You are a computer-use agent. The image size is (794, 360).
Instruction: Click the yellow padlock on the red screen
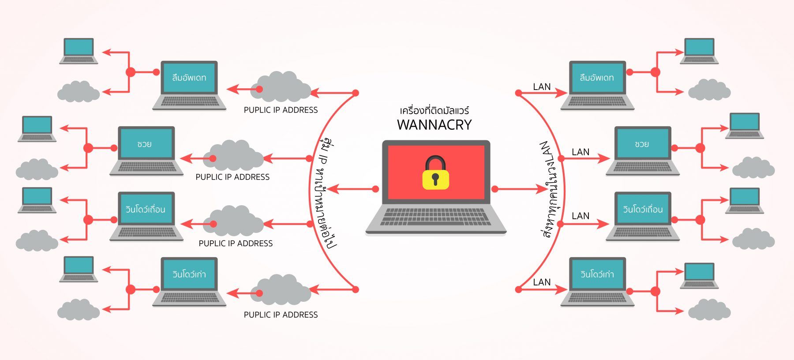(435, 174)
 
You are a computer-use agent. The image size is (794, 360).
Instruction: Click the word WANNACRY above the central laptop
(434, 125)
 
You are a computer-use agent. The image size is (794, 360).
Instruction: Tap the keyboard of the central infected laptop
(436, 217)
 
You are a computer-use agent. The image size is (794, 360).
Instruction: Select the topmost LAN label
(542, 87)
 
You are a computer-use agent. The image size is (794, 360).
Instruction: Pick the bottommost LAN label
(542, 282)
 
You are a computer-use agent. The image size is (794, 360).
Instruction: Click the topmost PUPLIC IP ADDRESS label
(281, 110)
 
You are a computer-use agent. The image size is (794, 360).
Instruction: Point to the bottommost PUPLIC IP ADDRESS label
(281, 315)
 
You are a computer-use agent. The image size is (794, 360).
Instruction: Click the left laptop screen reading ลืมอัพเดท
(189, 78)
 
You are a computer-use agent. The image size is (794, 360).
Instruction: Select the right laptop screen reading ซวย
(642, 144)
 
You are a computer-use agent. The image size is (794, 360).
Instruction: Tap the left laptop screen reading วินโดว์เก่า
(189, 274)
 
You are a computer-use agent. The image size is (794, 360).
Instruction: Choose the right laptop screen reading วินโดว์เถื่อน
(642, 209)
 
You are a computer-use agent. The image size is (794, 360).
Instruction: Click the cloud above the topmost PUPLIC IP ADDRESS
(281, 87)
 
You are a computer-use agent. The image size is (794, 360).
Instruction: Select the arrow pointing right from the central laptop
(521, 189)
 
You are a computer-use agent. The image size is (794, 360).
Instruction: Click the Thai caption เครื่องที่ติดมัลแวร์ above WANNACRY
(434, 110)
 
